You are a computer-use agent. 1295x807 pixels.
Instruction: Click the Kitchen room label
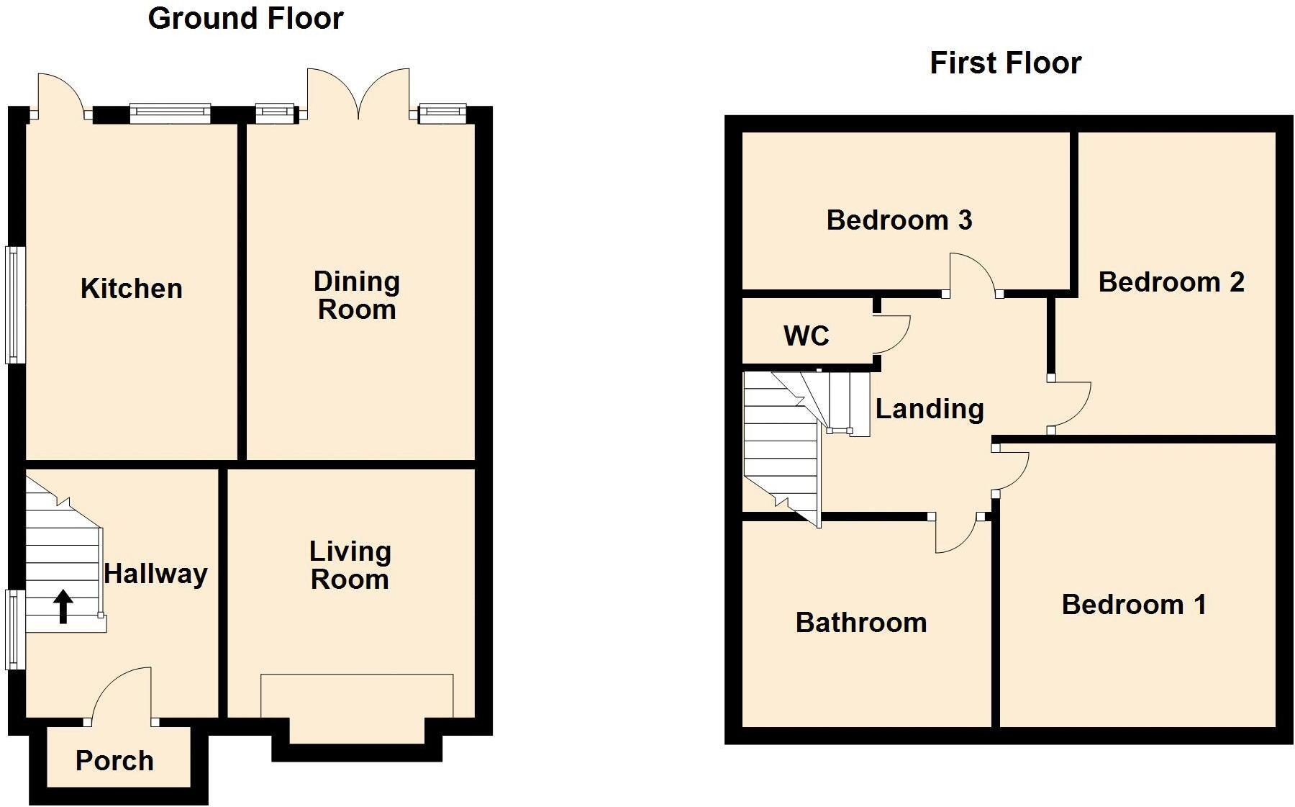pyautogui.click(x=132, y=289)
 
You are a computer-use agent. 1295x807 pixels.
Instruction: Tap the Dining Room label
pyautogui.click(x=357, y=296)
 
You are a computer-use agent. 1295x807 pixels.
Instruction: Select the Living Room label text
pyautogui.click(x=350, y=566)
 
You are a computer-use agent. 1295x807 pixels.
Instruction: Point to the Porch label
pyautogui.click(x=114, y=761)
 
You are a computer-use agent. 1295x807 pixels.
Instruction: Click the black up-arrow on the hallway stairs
pyautogui.click(x=63, y=606)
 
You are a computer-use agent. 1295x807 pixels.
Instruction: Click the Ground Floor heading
pyautogui.click(x=245, y=19)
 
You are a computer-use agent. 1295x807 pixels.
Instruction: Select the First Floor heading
pyautogui.click(x=1005, y=63)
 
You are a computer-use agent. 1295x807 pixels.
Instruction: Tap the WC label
pyautogui.click(x=806, y=336)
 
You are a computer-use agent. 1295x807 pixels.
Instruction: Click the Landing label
pyautogui.click(x=930, y=409)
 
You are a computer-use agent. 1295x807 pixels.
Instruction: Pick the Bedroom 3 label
pyautogui.click(x=899, y=220)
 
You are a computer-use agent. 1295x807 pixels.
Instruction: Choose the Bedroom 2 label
pyautogui.click(x=1171, y=282)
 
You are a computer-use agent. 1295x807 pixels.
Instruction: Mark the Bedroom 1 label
pyautogui.click(x=1134, y=605)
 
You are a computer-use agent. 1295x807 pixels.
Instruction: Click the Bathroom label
pyautogui.click(x=861, y=623)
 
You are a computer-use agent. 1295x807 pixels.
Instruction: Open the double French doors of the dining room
pyautogui.click(x=358, y=94)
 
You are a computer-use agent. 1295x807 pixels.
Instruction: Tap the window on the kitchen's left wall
pyautogui.click(x=15, y=305)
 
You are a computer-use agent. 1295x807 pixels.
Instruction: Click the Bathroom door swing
pyautogui.click(x=955, y=535)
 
